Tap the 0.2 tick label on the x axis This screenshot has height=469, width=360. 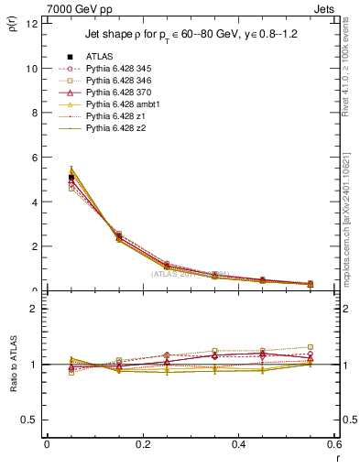pos(142,444)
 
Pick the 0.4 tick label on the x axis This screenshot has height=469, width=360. pos(238,444)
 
